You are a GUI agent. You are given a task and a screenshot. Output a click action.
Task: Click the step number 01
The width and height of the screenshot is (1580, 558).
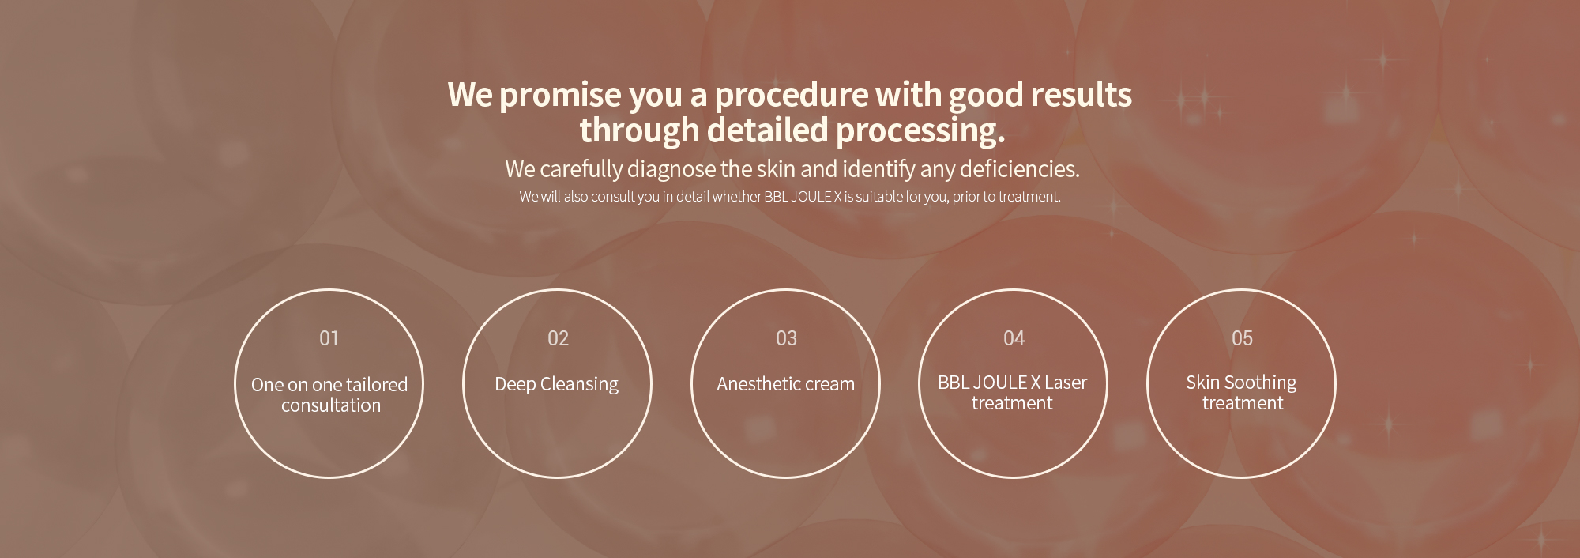(329, 338)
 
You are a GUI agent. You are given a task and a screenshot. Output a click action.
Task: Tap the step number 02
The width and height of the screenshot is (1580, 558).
(558, 338)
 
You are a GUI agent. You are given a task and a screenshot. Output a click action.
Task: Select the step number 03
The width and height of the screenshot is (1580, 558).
(786, 338)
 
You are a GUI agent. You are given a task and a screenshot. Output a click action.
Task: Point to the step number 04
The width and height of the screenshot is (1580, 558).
(1014, 338)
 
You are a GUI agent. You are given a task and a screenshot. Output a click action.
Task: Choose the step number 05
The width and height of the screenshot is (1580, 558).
(1242, 338)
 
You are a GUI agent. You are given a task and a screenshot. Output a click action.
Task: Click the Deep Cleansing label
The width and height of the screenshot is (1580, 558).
(556, 385)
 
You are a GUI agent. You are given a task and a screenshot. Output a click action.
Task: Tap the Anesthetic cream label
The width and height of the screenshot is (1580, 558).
(785, 384)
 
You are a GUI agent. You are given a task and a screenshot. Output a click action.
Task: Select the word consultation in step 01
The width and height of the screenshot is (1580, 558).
(331, 405)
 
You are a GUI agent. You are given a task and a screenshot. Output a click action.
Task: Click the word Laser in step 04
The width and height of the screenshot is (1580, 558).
(1066, 383)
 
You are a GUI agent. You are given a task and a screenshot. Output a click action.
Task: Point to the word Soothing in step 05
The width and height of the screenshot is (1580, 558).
(1261, 383)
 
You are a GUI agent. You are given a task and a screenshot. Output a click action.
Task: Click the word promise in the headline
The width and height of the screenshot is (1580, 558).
(560, 96)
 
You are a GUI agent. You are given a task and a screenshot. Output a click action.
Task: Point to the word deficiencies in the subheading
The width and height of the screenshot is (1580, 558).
(1019, 169)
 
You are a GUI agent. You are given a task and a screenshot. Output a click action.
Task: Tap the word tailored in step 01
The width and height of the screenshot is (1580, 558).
(376, 385)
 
